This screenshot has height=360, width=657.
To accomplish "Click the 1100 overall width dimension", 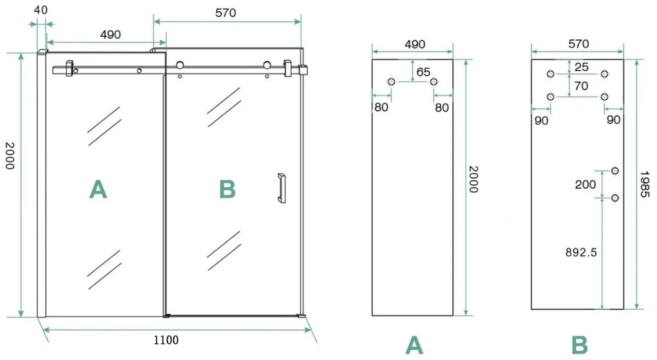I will [166, 339].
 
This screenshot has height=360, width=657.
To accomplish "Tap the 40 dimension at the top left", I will [41, 10].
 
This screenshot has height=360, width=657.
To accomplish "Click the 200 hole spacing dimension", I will [585, 184].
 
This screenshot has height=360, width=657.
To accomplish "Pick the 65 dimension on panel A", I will [423, 72].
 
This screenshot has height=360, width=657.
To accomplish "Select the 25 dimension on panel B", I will [582, 67].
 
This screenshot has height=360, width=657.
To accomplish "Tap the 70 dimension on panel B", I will [582, 85].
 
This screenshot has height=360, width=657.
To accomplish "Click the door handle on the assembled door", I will [281, 188].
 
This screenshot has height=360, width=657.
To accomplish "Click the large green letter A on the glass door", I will [98, 189].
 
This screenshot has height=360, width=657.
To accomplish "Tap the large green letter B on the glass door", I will [227, 189].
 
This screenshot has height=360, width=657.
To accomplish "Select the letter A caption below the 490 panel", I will [414, 345].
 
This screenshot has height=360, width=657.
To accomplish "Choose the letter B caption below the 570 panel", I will [580, 345].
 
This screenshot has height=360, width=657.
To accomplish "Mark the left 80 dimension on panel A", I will [381, 107].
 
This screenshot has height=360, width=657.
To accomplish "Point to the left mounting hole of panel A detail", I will [391, 82].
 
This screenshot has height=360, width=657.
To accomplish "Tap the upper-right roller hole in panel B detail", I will [604, 74].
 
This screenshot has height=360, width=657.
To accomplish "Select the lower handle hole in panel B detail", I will [614, 198].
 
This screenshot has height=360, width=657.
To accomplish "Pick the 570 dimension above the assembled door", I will [225, 12].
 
